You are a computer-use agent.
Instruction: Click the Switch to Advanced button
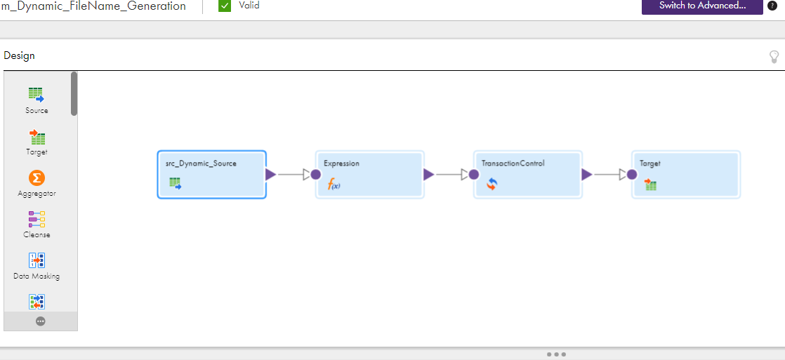click(702, 6)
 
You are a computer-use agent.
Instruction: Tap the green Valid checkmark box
click(225, 6)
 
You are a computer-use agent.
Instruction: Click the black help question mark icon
click(772, 6)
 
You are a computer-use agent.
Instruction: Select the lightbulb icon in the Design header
click(774, 57)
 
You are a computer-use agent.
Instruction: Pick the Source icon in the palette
click(37, 95)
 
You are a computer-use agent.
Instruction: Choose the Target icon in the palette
click(37, 137)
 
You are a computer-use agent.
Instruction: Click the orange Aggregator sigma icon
click(37, 178)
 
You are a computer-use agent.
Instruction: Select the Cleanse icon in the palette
click(37, 220)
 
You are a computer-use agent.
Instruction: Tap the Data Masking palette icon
click(37, 260)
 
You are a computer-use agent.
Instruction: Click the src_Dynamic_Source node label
click(201, 164)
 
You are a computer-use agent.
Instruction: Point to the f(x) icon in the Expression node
click(334, 185)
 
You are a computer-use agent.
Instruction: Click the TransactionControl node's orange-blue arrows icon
click(492, 185)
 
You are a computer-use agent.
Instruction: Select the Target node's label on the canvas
click(649, 164)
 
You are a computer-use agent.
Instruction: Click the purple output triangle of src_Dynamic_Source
click(270, 174)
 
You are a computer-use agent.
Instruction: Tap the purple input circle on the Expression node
click(315, 174)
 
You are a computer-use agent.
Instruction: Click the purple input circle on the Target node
click(632, 174)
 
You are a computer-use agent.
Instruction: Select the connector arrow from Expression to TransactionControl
click(451, 174)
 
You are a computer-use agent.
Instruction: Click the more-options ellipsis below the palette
click(41, 321)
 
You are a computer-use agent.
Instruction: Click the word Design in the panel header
click(19, 55)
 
